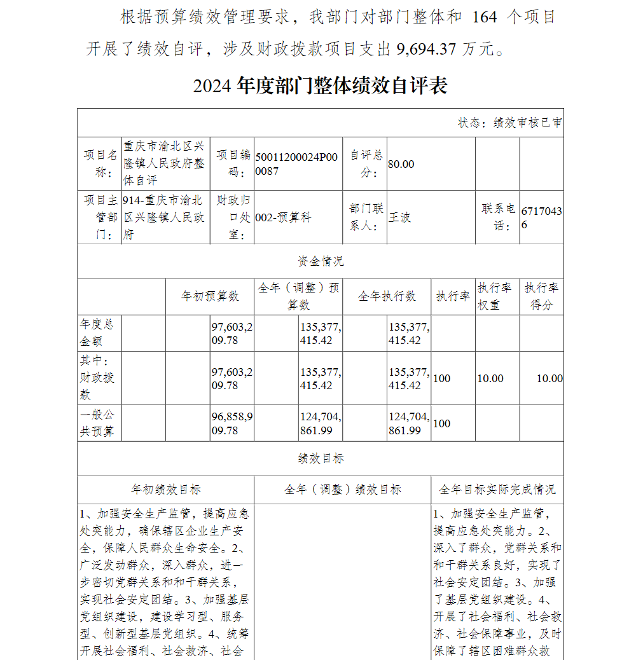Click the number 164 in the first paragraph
[485, 17]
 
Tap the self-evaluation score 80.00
[401, 164]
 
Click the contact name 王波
[400, 217]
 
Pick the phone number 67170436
[541, 217]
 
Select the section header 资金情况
[320, 261]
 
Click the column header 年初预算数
[210, 296]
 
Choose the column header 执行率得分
[541, 296]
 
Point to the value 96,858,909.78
[232, 423]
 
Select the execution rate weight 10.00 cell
[490, 378]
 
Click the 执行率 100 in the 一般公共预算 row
[441, 423]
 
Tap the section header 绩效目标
[320, 458]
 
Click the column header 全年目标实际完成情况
[497, 490]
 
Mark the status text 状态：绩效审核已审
[510, 123]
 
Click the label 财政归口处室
[232, 217]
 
